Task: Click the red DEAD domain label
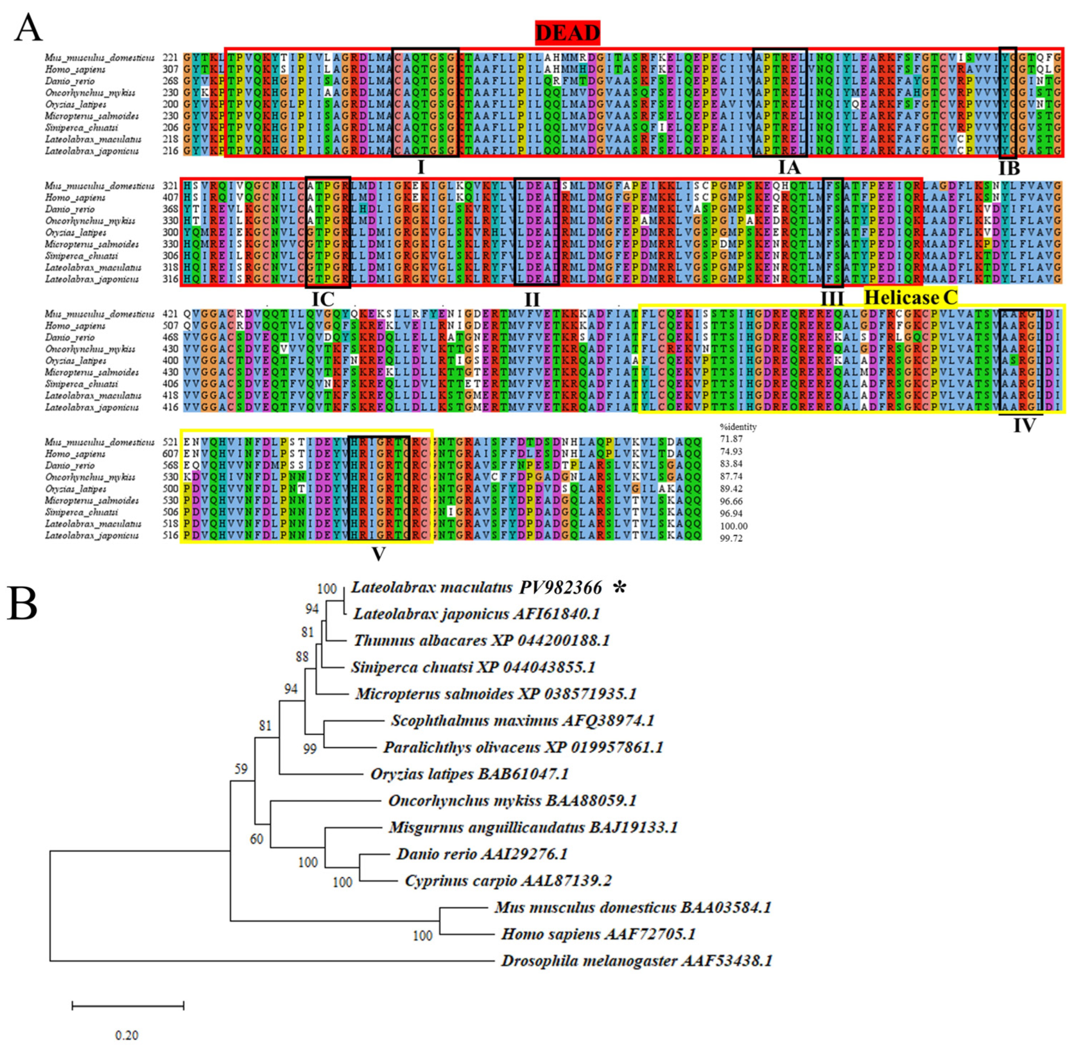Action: pos(567,33)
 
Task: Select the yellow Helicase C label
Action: pos(910,298)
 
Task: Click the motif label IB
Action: pos(1009,168)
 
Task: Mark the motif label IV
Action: pos(1024,425)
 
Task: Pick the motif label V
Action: pos(378,554)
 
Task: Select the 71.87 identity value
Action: pos(731,439)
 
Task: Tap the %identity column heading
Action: pos(738,427)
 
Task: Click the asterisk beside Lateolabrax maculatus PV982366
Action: pos(620,588)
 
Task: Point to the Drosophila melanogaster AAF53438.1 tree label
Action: pos(637,961)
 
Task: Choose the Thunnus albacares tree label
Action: pos(481,640)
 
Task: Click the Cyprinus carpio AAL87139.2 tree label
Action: pos(508,880)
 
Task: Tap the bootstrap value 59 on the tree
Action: pos(241,769)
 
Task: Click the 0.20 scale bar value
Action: pos(126,1036)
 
